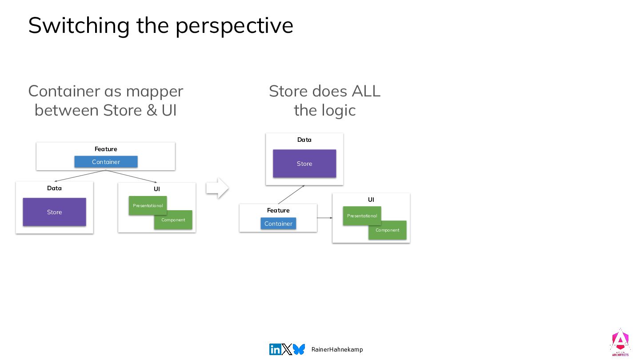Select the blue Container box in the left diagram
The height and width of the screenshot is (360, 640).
coord(106,162)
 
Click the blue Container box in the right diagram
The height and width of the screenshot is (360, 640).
coord(278,224)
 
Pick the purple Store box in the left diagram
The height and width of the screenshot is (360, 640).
coord(54,212)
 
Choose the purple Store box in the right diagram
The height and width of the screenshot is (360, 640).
coord(304,164)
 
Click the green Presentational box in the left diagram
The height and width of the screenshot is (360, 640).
coord(148,205)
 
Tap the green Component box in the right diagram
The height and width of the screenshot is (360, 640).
coord(388,230)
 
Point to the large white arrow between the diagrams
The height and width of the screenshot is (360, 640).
coord(217,188)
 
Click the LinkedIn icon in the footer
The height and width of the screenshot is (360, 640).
coord(275,349)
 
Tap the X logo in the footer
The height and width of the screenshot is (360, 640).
coord(287,349)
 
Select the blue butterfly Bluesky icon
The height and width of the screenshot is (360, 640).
coord(299,349)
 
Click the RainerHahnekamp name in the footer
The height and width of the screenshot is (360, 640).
coord(337,349)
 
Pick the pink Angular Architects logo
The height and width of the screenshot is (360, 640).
coord(620,342)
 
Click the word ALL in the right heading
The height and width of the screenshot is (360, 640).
coord(366,91)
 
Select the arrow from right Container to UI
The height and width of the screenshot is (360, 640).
coord(325,218)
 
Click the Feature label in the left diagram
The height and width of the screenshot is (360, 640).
coord(106,149)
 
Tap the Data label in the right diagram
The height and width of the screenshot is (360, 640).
coord(304,140)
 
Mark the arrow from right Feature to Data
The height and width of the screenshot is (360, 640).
coord(291,194)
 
